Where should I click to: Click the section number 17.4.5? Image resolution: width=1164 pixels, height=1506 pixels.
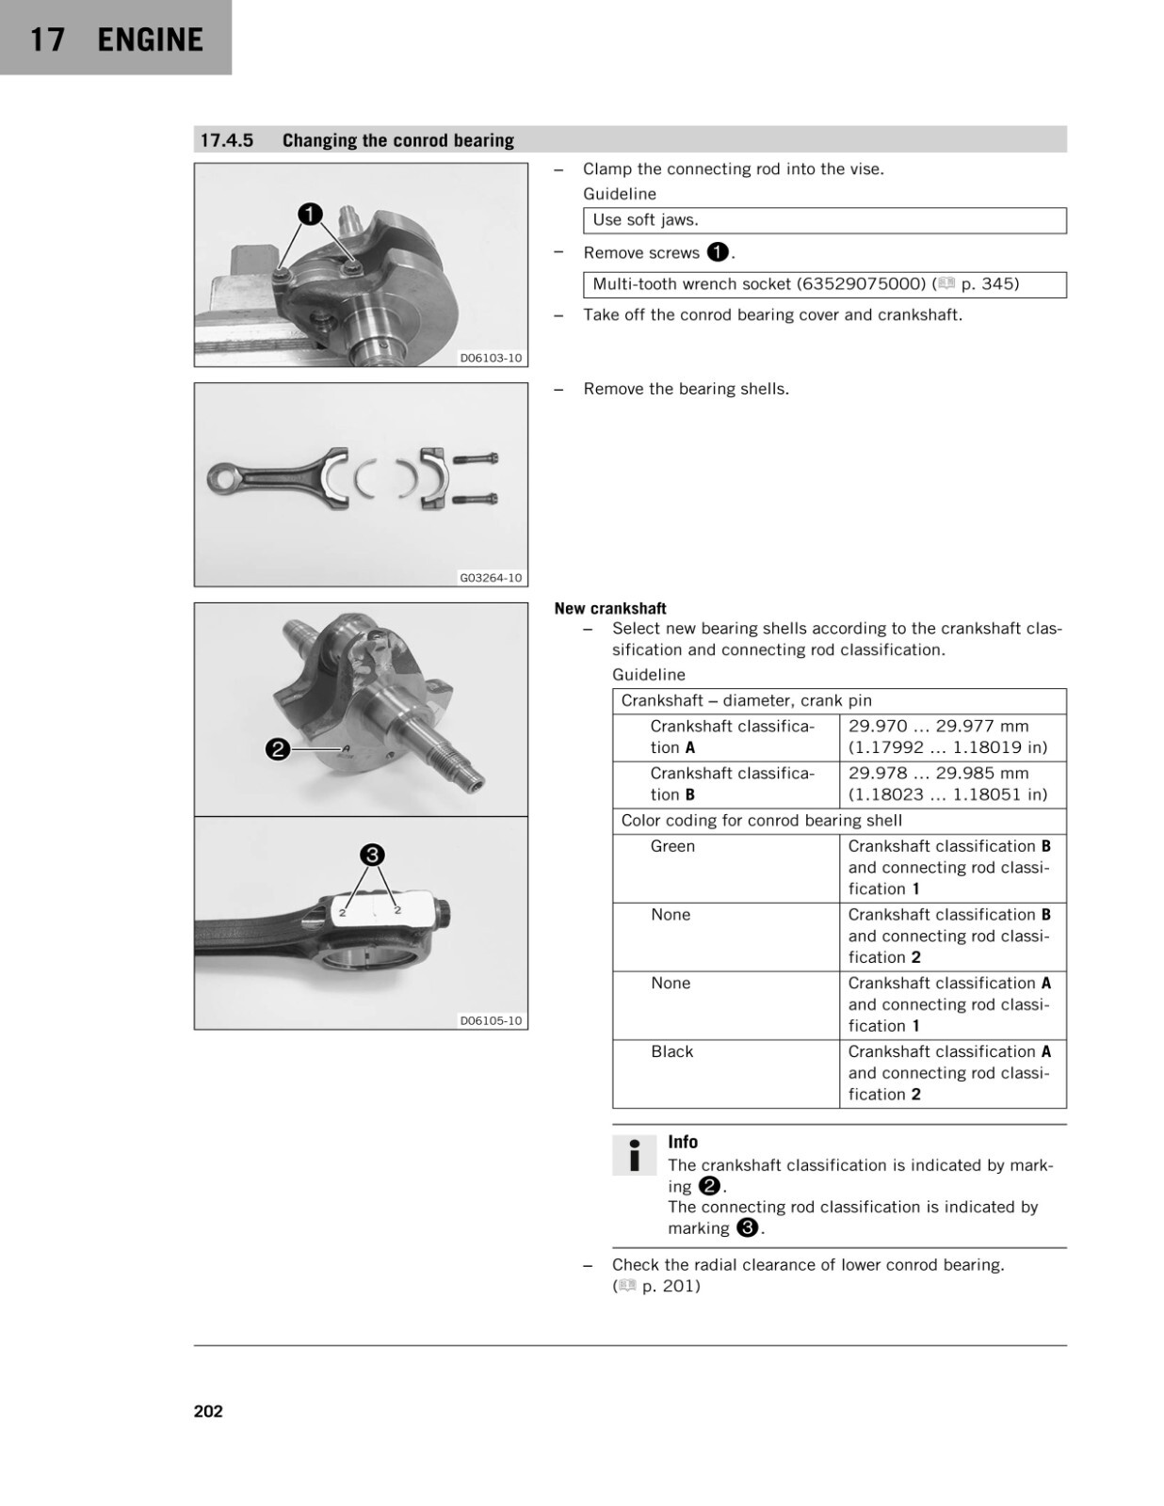coord(227,140)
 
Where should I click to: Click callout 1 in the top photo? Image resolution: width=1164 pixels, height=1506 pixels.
coord(310,215)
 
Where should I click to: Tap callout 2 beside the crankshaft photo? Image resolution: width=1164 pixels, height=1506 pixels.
coord(277,749)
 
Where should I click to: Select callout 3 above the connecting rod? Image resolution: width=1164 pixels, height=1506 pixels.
coord(372,855)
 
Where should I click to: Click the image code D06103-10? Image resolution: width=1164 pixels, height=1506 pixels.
coord(491,358)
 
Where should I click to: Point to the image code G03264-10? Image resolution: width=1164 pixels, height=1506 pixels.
coord(491,577)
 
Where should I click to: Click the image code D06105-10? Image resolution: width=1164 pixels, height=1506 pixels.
coord(491,1020)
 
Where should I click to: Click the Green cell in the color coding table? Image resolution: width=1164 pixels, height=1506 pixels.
coord(671,846)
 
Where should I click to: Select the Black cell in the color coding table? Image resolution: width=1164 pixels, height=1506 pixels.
coord(671,1051)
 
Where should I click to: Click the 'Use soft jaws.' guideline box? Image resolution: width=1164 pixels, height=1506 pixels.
coord(824,220)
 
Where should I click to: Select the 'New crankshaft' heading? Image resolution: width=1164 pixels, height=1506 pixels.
coord(610,608)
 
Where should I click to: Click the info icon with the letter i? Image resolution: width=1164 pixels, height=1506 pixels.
coord(634,1155)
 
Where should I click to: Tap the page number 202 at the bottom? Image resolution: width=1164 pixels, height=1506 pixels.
coord(208,1412)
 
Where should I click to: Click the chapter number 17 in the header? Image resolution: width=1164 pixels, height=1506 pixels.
coord(47,40)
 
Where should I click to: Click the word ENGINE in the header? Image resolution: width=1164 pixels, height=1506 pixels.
coord(151,40)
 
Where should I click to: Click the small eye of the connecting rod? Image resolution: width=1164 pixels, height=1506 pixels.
coord(222,477)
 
